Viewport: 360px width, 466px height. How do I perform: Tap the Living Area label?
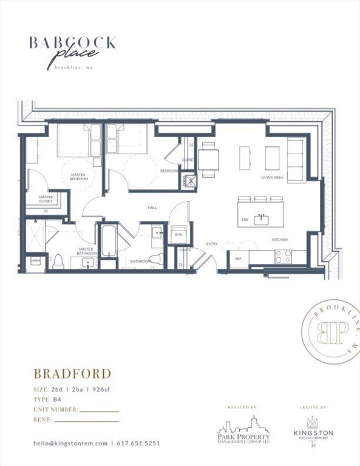click(272, 178)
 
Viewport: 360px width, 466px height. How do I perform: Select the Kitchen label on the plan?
click(279, 240)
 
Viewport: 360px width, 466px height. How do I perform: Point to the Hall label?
click(152, 208)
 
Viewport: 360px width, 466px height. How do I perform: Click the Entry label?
click(212, 244)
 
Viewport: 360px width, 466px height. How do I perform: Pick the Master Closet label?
click(46, 199)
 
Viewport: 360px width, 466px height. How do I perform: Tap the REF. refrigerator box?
click(239, 258)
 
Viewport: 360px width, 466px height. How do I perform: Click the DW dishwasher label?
click(245, 220)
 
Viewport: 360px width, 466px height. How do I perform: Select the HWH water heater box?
click(36, 261)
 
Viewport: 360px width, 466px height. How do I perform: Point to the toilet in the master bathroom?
click(59, 262)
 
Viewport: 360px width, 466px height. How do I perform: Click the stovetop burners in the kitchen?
click(282, 256)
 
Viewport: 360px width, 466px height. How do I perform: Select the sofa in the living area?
click(296, 160)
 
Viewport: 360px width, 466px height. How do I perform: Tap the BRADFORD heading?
click(72, 373)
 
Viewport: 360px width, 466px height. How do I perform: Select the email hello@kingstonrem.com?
click(70, 443)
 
